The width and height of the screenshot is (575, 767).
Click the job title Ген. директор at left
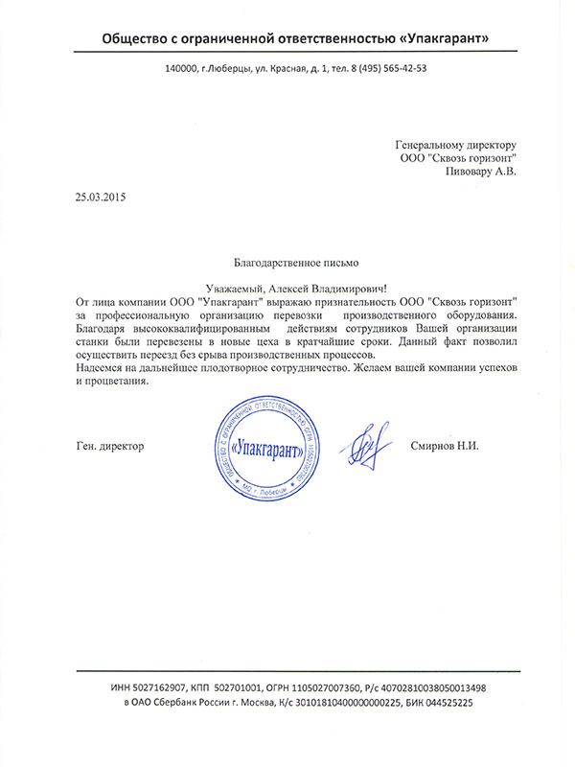pos(112,447)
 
